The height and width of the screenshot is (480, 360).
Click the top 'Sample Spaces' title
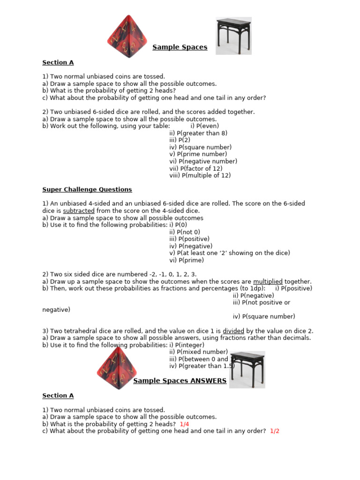click(180, 47)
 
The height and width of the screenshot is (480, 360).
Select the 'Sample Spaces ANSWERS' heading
click(180, 381)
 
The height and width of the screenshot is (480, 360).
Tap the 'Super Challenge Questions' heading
click(87, 189)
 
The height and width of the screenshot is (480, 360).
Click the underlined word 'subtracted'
click(79, 211)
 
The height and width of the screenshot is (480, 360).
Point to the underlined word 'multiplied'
click(268, 281)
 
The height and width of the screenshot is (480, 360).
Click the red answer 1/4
click(184, 424)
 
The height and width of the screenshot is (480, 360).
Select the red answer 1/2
click(275, 431)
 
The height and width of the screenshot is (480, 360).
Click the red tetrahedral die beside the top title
click(125, 37)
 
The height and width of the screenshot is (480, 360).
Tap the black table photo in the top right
click(233, 36)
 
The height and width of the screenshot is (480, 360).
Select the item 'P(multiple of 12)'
click(200, 175)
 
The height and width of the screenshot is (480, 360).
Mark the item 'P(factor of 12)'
click(196, 168)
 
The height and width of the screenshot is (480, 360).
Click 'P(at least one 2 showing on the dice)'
click(230, 253)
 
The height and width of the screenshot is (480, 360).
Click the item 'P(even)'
click(205, 126)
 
